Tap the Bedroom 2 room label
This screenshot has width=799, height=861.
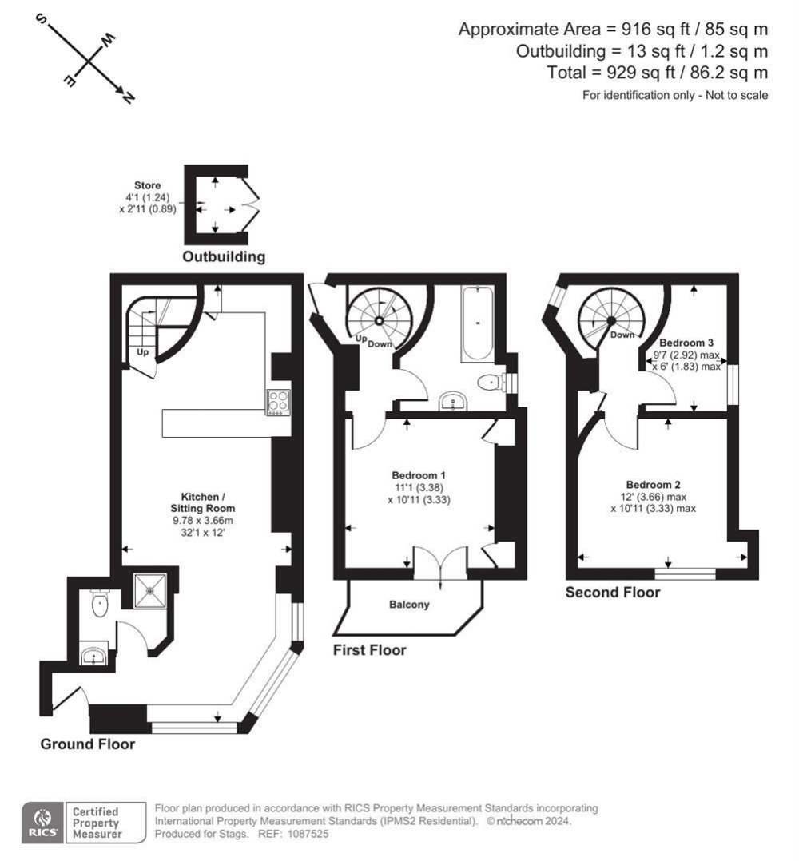[x=653, y=485]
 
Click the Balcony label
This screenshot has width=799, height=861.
[x=409, y=605]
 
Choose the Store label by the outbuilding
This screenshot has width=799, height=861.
[x=147, y=185]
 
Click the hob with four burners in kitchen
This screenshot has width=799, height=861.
[x=278, y=401]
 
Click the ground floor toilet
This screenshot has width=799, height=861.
[x=98, y=604]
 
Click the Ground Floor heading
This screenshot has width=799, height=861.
[x=88, y=744]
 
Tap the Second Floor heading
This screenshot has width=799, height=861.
[x=613, y=593]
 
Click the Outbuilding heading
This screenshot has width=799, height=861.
[x=224, y=257]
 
